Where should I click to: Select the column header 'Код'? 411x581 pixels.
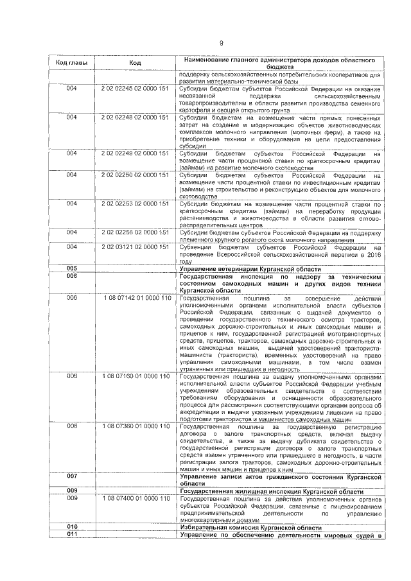[x=135, y=63]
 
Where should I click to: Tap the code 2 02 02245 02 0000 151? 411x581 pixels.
[x=135, y=89]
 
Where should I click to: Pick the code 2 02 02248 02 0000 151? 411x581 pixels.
[x=135, y=117]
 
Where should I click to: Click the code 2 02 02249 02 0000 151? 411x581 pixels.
[x=135, y=153]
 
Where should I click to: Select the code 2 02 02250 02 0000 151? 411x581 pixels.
[x=135, y=175]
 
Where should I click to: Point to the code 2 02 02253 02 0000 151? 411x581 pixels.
[x=135, y=204]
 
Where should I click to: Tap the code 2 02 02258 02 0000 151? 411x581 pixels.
[x=135, y=232]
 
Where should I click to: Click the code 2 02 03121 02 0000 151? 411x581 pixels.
[x=135, y=247]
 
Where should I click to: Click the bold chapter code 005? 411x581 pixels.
[x=71, y=268]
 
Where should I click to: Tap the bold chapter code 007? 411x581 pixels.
[x=71, y=476]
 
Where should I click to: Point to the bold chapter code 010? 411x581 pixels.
[x=71, y=526]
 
